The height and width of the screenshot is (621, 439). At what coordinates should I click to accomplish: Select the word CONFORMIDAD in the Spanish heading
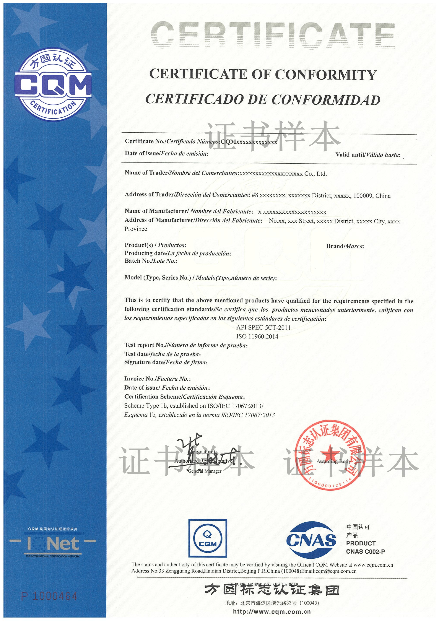(x=326, y=100)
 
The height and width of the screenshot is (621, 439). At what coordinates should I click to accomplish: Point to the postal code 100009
(x=363, y=196)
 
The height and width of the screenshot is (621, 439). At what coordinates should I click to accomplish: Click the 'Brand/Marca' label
(x=345, y=246)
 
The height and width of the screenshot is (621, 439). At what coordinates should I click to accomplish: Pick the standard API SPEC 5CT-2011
(x=263, y=328)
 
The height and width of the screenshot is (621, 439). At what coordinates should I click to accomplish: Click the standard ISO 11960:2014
(x=257, y=337)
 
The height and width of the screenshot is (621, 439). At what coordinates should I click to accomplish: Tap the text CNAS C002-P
(x=365, y=551)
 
